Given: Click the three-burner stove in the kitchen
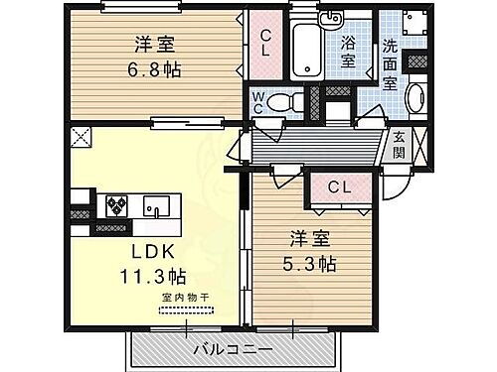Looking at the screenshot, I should click(x=116, y=205).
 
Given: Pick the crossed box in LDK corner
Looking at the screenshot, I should click(x=78, y=138).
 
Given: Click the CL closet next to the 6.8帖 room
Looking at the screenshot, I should click(x=266, y=44).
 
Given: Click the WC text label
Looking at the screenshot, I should click(x=256, y=102).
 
